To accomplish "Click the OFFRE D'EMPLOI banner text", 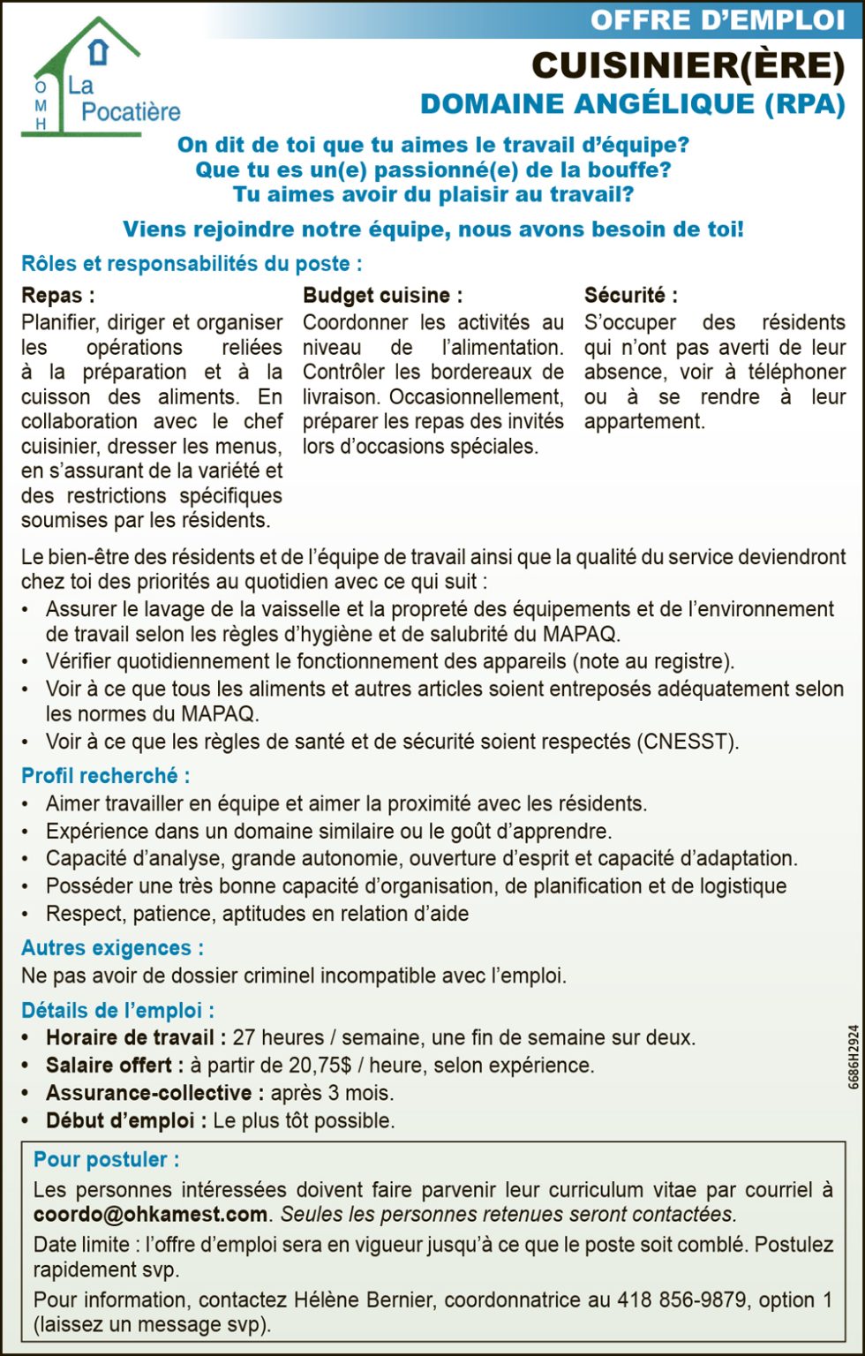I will pos(717,19).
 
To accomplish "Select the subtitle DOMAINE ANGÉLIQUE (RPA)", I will pos(632,104).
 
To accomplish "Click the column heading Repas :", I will pos(57,296).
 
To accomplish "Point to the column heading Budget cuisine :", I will pos(382,296).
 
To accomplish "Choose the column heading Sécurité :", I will pos(630,296).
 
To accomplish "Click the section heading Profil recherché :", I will pos(105,776).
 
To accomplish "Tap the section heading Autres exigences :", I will pos(112,948).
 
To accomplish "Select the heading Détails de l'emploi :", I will pos(117,1011).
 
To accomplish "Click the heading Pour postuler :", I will pos(106,1160).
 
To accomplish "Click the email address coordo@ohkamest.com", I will pos(150,1215).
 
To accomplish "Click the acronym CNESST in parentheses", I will pos(687,742).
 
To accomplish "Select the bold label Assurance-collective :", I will pos(154,1093).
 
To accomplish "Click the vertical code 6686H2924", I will pos(854,1058).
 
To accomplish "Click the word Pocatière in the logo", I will pos(131,112).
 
